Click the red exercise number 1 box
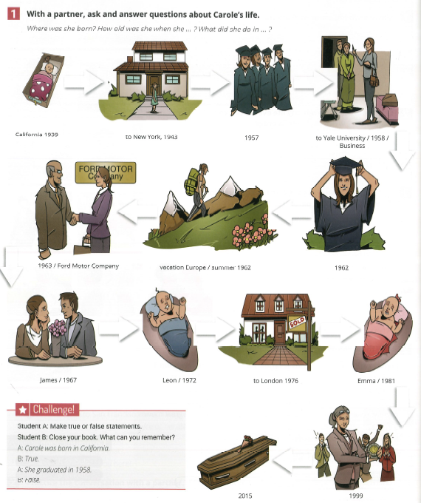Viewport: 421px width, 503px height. (13, 14)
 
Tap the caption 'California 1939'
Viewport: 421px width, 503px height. (37, 135)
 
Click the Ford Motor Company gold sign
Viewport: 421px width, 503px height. (106, 172)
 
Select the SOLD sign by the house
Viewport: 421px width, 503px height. (297, 322)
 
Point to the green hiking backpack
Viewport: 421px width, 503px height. (191, 182)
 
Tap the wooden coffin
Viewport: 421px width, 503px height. (237, 458)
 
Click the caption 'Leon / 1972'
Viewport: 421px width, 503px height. (179, 380)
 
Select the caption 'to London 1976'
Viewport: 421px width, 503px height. (275, 381)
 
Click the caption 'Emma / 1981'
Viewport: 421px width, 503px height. (376, 381)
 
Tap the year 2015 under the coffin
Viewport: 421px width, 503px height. (245, 496)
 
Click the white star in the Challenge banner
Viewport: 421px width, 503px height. (22, 410)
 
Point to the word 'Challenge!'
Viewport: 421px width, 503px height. (53, 409)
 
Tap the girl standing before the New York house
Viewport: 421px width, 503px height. (154, 97)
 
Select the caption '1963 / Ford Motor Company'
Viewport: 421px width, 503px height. (78, 266)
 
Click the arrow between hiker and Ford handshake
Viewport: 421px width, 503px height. (137, 212)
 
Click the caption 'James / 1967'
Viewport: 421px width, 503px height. (58, 380)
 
